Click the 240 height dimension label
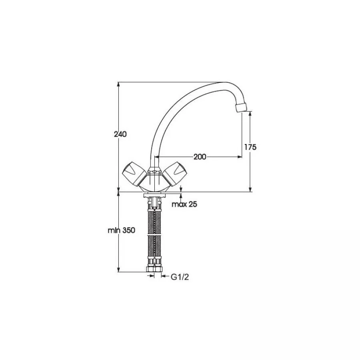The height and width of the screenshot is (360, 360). (120, 134)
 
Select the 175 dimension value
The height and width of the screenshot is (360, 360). (250, 147)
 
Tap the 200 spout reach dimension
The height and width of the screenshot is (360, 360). (200, 157)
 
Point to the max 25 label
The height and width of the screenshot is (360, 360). (184, 204)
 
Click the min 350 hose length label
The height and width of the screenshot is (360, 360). (122, 230)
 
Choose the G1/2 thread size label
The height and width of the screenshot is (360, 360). (180, 277)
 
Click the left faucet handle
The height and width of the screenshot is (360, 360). (134, 174)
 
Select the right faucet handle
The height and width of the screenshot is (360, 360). (174, 174)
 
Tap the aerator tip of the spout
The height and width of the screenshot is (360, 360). (242, 108)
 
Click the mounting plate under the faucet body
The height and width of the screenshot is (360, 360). (155, 196)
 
